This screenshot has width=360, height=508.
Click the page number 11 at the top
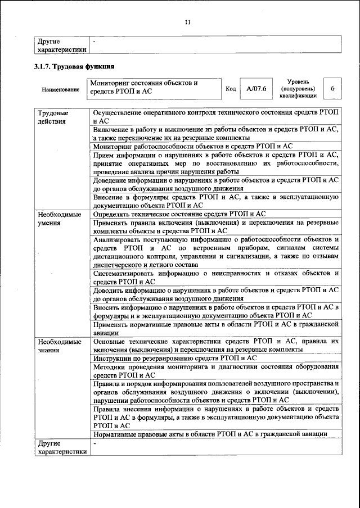point(188,22)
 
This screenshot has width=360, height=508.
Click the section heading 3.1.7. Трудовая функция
point(75,67)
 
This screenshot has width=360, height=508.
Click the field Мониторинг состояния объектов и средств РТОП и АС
point(154,87)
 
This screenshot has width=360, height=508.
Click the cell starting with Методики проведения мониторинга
point(215,370)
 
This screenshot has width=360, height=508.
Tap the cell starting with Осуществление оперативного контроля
point(215,117)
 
